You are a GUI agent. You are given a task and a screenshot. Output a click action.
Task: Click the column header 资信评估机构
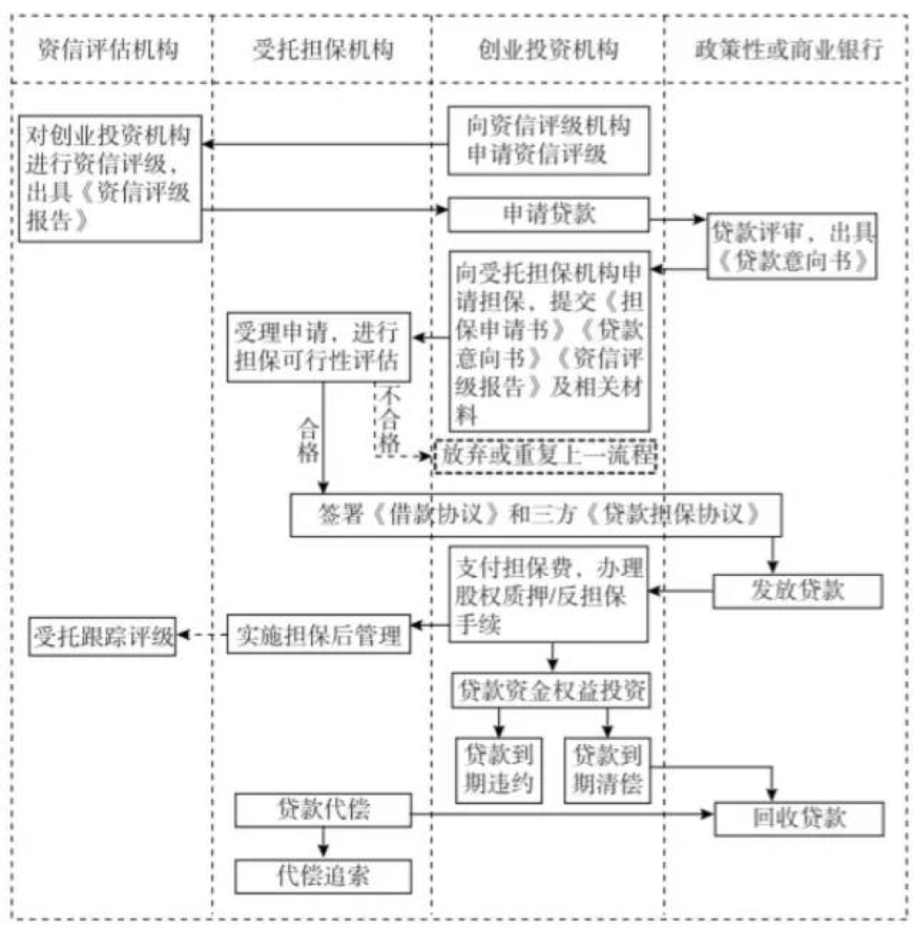(108, 49)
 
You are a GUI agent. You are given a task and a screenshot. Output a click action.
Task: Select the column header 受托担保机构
(323, 49)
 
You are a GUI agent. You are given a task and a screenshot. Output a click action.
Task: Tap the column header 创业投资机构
(547, 49)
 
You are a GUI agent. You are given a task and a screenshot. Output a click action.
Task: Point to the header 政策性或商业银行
(788, 49)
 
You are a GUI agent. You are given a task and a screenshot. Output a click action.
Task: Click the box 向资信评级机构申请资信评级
(548, 140)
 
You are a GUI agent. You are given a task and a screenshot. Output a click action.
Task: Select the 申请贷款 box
(548, 214)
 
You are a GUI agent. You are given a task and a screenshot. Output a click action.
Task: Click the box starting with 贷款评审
(792, 247)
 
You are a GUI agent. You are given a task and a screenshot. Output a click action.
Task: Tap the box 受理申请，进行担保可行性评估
(318, 346)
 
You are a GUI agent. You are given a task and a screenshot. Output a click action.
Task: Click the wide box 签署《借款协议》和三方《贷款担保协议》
(536, 515)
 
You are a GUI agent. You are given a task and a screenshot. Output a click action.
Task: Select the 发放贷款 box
(797, 591)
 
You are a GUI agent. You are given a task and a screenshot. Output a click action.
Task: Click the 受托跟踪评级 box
(104, 636)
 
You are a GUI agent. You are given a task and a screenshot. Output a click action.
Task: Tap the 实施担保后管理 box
(319, 634)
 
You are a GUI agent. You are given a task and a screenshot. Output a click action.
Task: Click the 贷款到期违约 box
(499, 769)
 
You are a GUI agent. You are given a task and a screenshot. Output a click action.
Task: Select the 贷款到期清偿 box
(608, 769)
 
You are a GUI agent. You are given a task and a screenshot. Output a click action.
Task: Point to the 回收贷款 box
(798, 817)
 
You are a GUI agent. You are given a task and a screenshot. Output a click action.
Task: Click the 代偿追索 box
(323, 876)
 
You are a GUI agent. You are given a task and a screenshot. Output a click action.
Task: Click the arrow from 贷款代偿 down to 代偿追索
(323, 842)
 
